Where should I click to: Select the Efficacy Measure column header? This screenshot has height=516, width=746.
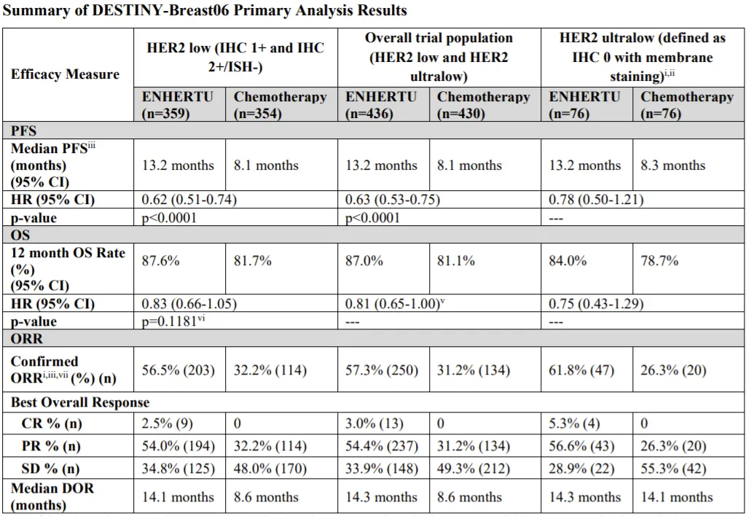tap(65, 74)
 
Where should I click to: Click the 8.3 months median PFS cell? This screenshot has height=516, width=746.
tap(673, 165)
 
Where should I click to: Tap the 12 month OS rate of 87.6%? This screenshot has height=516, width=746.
tap(160, 260)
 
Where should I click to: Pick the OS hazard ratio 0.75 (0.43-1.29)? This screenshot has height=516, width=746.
tap(596, 304)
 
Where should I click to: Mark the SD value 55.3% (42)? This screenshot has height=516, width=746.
tap(674, 468)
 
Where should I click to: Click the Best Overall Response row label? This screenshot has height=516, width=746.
tap(80, 402)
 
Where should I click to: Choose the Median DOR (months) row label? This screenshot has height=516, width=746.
tap(52, 496)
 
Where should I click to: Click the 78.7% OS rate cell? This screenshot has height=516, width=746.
tap(659, 260)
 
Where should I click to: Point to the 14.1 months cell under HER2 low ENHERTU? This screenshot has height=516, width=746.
tap(178, 497)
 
